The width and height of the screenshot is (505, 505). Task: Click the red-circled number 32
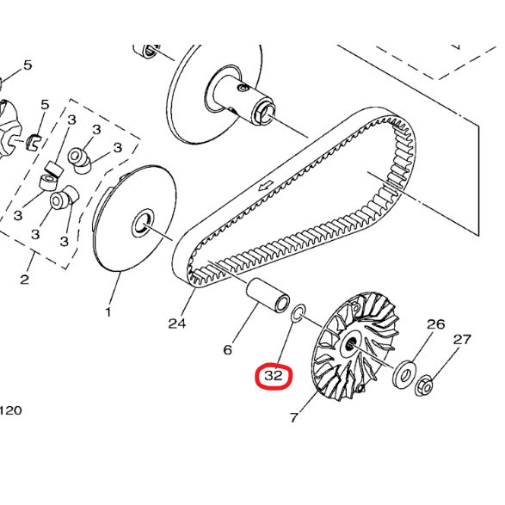click(x=274, y=376)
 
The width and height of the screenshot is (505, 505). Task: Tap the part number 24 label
click(x=177, y=323)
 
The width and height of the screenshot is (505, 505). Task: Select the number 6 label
click(x=228, y=349)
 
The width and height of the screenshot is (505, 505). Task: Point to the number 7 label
click(x=293, y=417)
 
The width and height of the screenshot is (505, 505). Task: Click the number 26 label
click(x=436, y=324)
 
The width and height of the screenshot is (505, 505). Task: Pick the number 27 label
click(x=462, y=339)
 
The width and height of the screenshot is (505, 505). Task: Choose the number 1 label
click(x=108, y=311)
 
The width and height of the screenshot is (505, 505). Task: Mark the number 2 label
click(x=24, y=279)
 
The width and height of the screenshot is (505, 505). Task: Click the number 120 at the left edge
click(x=10, y=410)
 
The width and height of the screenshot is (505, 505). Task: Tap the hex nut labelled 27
click(x=424, y=389)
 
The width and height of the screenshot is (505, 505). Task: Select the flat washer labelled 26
click(x=403, y=376)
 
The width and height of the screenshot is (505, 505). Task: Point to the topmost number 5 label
click(x=28, y=65)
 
